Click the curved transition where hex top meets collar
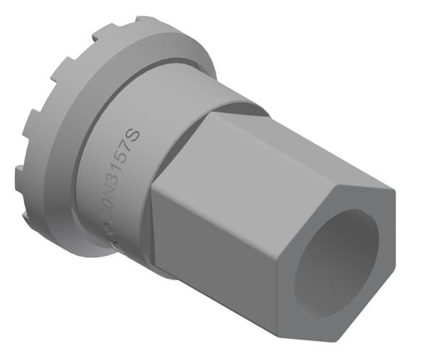231,108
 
